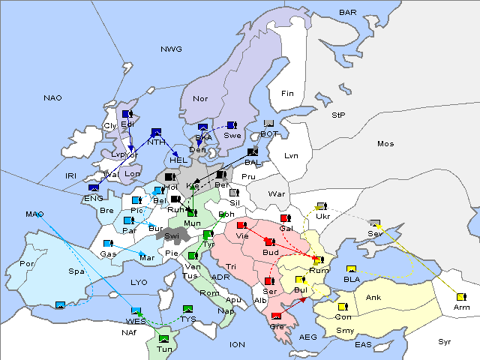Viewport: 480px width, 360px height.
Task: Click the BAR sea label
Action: click(x=348, y=13)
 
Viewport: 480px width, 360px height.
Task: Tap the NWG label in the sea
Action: click(x=171, y=49)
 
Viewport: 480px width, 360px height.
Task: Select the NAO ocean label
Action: click(x=53, y=98)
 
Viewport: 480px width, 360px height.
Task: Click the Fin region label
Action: click(x=287, y=94)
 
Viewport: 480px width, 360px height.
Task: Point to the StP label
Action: click(x=338, y=115)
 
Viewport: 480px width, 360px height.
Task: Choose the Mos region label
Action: click(x=385, y=143)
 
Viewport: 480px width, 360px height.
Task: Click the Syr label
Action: click(x=445, y=341)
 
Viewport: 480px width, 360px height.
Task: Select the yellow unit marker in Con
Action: click(x=343, y=307)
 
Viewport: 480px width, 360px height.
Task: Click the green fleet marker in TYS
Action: click(x=187, y=309)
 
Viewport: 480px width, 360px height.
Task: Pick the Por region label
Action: click(x=27, y=264)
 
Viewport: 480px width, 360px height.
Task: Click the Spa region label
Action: click(x=76, y=271)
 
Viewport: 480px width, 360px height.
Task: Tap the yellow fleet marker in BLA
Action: click(x=351, y=269)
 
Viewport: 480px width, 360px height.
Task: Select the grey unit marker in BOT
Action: click(x=269, y=124)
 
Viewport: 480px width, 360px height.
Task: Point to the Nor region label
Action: click(x=200, y=99)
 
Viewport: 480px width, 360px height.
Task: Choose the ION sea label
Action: click(x=237, y=345)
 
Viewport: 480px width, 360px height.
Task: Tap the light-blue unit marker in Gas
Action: click(x=108, y=244)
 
